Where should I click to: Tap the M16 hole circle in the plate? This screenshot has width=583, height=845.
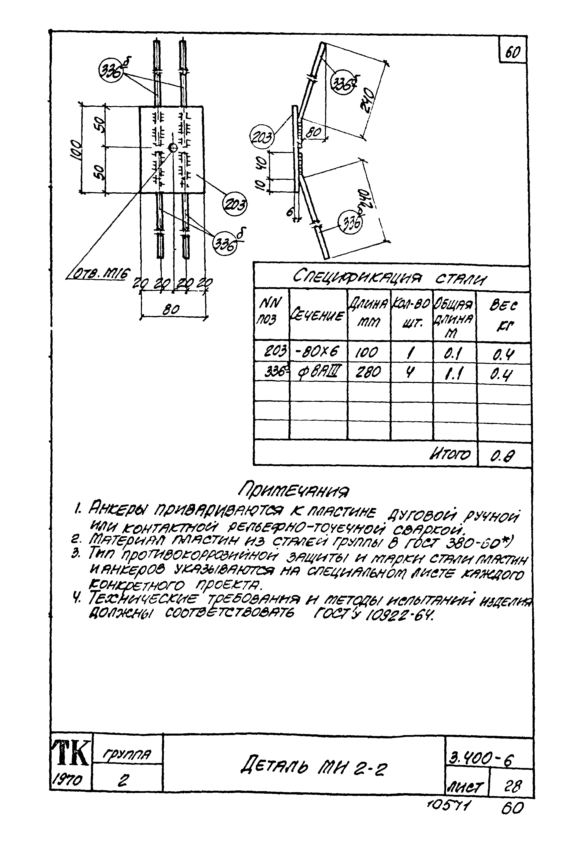tap(173, 148)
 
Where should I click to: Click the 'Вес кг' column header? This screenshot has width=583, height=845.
tap(503, 316)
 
